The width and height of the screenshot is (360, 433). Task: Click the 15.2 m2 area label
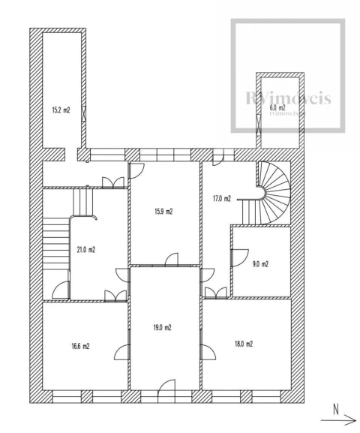61,110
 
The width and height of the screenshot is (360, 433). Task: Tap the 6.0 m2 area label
277,107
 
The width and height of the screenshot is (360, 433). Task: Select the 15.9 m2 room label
163,212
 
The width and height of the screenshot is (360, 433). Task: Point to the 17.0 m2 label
222,199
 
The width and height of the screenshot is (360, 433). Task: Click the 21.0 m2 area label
85,250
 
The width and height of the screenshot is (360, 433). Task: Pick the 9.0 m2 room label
260,264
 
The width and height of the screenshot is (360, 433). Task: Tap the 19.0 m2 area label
162,327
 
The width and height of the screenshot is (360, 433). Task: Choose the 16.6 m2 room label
80,346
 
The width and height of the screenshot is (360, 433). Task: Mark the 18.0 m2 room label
244,344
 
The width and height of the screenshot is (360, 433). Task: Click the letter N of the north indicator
336,410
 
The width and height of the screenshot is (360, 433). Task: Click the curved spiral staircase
274,193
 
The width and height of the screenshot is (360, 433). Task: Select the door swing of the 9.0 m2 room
239,257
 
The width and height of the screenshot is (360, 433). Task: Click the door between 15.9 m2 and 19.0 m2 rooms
172,260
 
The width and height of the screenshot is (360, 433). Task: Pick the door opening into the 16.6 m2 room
122,352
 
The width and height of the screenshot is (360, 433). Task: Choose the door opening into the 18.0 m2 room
208,352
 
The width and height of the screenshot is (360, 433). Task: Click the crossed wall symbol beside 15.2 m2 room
84,113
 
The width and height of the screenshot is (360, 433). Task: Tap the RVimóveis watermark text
288,98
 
